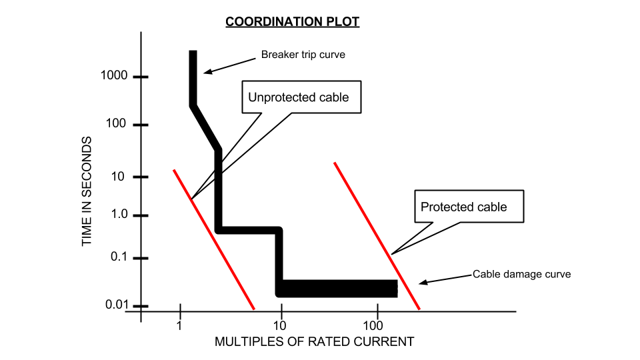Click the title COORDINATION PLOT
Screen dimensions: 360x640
[x=292, y=22]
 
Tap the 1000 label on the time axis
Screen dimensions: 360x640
[x=113, y=76]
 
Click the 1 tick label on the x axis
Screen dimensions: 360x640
[x=179, y=326]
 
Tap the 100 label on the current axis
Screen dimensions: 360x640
[x=373, y=326]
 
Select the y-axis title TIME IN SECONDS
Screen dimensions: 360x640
[x=87, y=191]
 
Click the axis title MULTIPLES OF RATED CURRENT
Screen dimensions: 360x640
[x=314, y=342]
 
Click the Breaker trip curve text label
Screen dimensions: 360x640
[x=303, y=55]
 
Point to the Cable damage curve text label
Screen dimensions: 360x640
[x=521, y=274]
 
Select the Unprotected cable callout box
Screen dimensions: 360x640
[x=298, y=97]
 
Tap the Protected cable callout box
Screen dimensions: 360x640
[x=468, y=207]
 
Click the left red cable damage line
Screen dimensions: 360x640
[x=213, y=239]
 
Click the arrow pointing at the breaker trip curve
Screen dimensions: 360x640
[x=227, y=64]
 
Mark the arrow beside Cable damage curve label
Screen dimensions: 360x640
[x=444, y=279]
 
